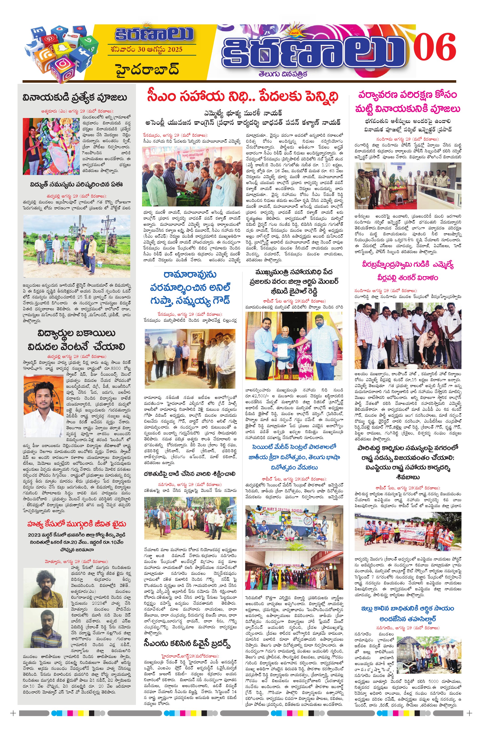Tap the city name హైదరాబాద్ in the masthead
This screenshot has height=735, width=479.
pyautogui.click(x=148, y=69)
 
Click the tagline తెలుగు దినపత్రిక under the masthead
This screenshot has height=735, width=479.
pyautogui.click(x=283, y=75)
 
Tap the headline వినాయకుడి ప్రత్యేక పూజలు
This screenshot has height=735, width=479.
pyautogui.click(x=75, y=98)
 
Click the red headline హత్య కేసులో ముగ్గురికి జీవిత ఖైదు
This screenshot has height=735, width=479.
pyautogui.click(x=77, y=524)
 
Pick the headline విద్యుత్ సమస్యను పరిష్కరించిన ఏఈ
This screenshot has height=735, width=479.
pyautogui.click(x=76, y=184)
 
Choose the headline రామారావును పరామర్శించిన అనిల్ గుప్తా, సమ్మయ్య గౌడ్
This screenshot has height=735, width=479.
pyautogui.click(x=190, y=287)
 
